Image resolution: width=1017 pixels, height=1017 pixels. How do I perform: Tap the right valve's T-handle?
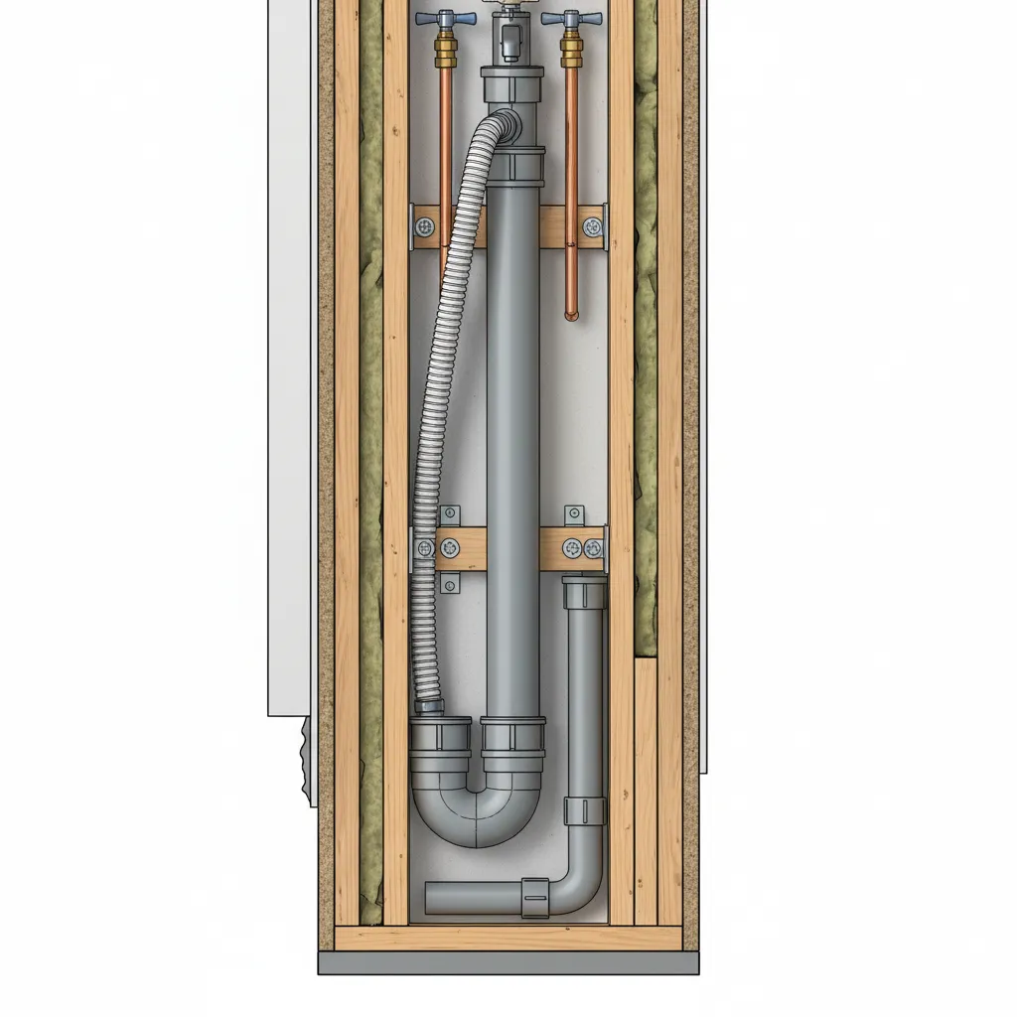(x=571, y=19)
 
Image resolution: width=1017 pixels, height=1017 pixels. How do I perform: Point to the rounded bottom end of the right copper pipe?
(x=571, y=315)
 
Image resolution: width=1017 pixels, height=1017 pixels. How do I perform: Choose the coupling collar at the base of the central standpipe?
(x=512, y=735)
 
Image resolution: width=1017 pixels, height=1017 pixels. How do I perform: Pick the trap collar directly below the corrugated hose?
(x=440, y=737)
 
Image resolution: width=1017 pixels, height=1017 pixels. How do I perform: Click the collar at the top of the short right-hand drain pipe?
(x=584, y=593)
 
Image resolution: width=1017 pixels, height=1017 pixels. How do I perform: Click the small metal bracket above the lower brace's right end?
(x=575, y=515)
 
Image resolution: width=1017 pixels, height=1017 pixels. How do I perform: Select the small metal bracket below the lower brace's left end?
(x=449, y=583)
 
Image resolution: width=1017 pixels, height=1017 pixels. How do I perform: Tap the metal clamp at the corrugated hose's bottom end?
(x=429, y=707)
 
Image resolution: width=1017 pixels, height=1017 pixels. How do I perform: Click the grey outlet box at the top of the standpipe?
(x=508, y=40)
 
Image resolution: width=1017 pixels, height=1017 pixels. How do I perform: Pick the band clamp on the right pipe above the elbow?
(x=584, y=810)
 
